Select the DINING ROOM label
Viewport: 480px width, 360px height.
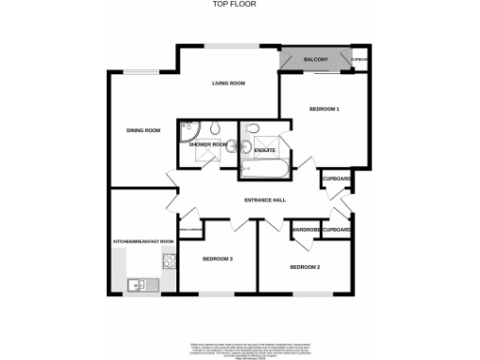coord(143,130)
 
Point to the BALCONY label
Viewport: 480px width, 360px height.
coord(316,61)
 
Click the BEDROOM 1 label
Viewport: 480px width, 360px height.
coord(323,110)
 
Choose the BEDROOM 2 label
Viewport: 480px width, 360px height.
coord(305,268)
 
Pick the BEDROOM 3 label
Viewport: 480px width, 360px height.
coord(217,259)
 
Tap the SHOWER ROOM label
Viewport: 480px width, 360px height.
coord(207,144)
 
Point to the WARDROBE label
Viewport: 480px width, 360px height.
coord(307,230)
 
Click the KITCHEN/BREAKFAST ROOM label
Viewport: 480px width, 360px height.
coord(143,242)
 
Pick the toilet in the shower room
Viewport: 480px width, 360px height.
coord(215,127)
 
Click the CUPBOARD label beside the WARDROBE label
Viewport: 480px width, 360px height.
coord(337,230)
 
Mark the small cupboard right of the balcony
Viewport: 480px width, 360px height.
coord(358,61)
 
